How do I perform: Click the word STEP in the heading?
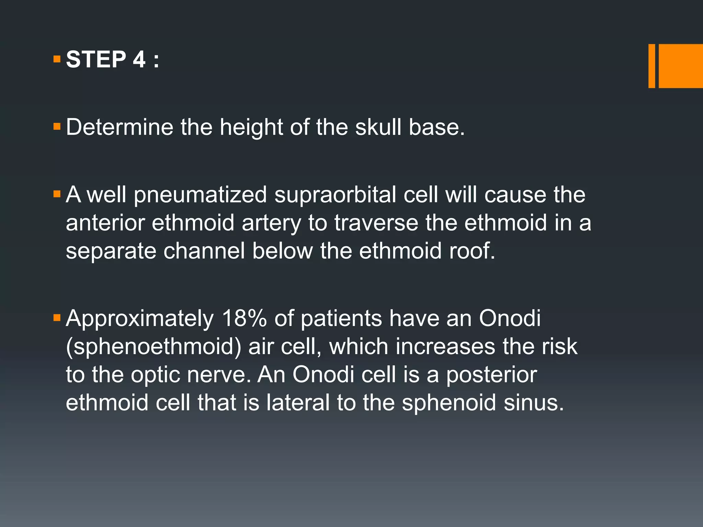pyautogui.click(x=96, y=59)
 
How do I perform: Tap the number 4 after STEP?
pyautogui.click(x=139, y=59)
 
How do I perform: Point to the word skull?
pyautogui.click(x=378, y=127)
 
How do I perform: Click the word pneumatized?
pyautogui.click(x=200, y=195)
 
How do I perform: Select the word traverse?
pyautogui.click(x=376, y=223)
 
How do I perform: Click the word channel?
pyautogui.click(x=204, y=251)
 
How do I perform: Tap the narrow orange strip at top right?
pyautogui.click(x=652, y=66)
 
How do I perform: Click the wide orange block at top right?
pyautogui.click(x=680, y=66)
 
